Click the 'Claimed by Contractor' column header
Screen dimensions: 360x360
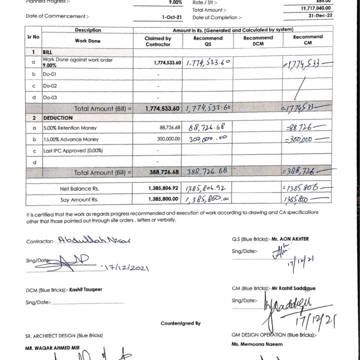click(x=157, y=41)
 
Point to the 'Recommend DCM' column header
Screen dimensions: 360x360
click(x=258, y=41)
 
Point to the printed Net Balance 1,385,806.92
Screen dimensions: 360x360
click(x=163, y=189)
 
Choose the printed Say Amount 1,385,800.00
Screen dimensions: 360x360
click(x=163, y=199)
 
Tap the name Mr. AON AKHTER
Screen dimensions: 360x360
click(x=289, y=239)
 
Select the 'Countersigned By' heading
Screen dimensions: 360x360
click(x=180, y=323)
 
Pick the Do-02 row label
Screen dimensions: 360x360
click(x=50, y=86)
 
